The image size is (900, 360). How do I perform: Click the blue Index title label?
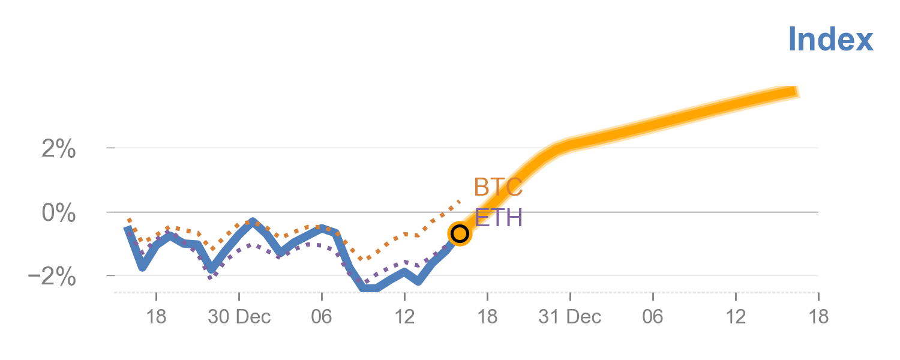[830, 40]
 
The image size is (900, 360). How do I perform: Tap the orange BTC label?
[498, 187]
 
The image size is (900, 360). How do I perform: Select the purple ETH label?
[498, 218]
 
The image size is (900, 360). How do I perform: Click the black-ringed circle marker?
[460, 233]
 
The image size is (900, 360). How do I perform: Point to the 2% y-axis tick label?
[59, 149]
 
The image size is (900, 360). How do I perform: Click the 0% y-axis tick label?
[59, 213]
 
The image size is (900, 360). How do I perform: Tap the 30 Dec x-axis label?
[239, 317]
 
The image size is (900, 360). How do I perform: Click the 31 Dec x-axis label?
[569, 317]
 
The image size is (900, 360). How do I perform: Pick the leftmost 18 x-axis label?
[156, 317]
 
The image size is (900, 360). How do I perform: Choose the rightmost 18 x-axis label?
[818, 317]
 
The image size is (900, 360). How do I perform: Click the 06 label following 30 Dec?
[322, 317]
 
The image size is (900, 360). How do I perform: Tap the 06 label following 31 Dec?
[653, 317]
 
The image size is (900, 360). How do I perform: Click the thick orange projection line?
[660, 122]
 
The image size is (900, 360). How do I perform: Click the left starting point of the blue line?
[127, 229]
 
